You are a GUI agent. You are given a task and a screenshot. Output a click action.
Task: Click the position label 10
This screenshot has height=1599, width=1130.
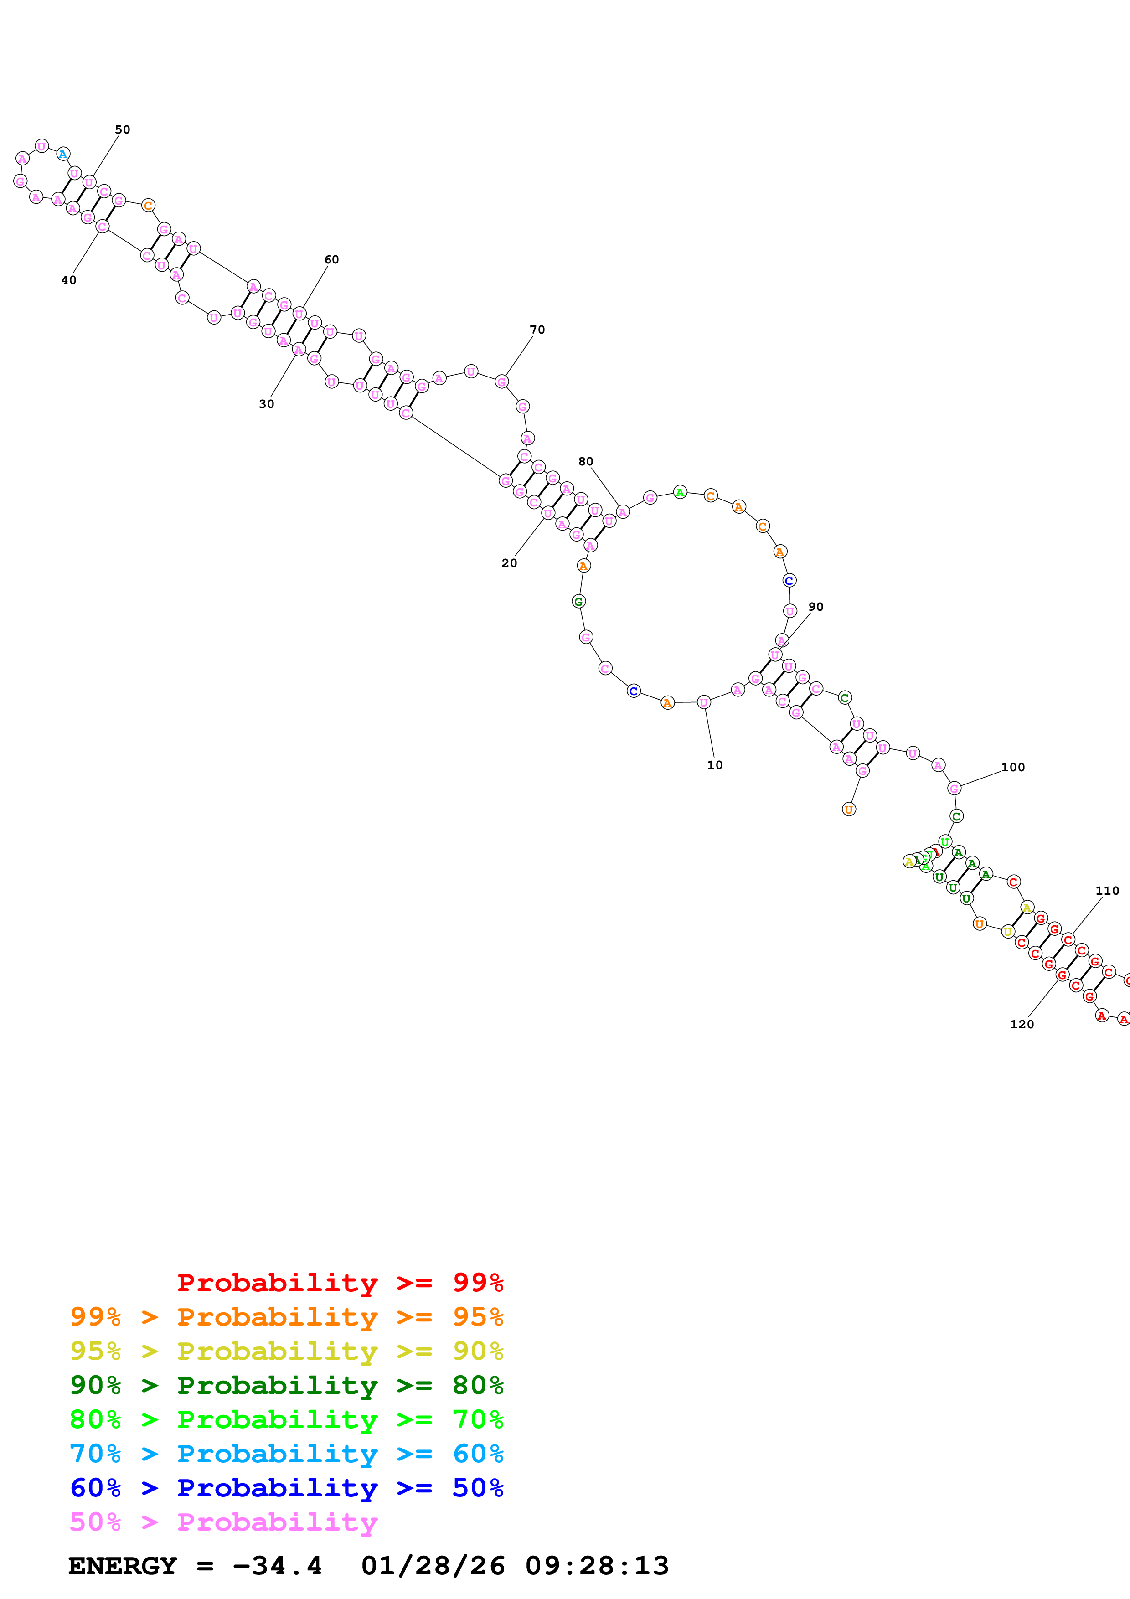click(714, 765)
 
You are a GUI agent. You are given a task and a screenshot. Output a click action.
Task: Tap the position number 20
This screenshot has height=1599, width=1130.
click(509, 563)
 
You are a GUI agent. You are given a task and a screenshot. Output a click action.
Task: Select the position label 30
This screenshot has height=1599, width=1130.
click(266, 404)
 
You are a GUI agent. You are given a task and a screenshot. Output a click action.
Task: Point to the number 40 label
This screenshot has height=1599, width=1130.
click(68, 280)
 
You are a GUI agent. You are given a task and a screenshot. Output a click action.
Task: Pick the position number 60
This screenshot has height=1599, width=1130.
click(331, 260)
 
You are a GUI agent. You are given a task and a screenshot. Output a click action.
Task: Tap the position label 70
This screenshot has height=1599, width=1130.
click(537, 330)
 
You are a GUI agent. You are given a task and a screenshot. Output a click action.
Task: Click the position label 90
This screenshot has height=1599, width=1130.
click(815, 607)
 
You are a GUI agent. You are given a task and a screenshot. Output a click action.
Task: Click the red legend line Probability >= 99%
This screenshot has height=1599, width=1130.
click(340, 1282)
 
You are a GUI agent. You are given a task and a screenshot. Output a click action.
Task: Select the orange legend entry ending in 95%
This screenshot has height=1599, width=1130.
click(286, 1316)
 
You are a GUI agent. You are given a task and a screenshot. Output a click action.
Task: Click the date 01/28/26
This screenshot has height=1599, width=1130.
click(433, 1566)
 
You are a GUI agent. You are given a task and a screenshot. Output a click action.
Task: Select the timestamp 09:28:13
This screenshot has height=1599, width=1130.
click(597, 1566)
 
